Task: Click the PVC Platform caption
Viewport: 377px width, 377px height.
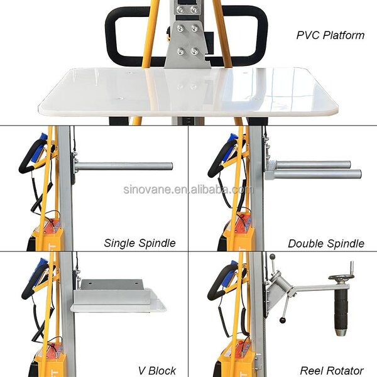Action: click(x=330, y=35)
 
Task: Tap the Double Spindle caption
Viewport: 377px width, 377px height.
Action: click(x=326, y=243)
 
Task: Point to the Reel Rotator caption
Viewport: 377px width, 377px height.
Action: click(x=331, y=370)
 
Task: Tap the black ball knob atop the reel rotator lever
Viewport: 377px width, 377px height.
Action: click(x=272, y=256)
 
